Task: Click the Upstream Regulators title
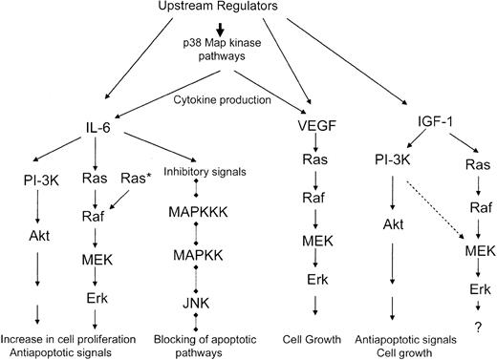coord(247,11)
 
